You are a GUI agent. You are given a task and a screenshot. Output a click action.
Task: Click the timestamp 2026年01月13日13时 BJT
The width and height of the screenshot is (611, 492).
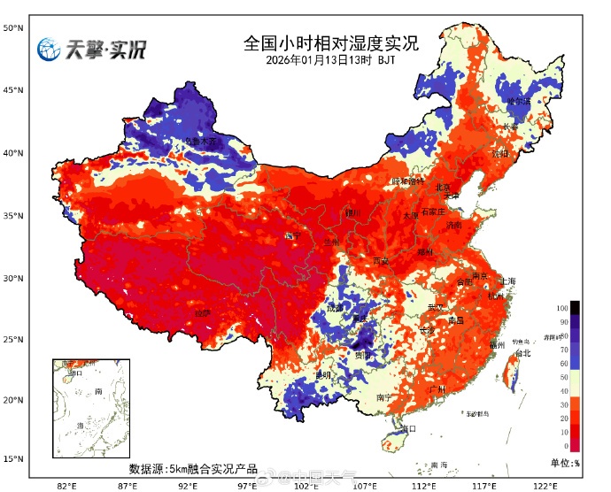(x=330, y=60)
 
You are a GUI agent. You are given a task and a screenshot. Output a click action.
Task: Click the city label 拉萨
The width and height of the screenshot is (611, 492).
(x=203, y=313)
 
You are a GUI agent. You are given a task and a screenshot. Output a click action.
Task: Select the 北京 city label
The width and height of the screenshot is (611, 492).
(x=444, y=188)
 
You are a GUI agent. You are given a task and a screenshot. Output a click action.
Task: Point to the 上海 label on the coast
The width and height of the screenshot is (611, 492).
(x=507, y=281)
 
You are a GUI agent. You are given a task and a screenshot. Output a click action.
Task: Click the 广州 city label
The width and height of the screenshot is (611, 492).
(x=435, y=389)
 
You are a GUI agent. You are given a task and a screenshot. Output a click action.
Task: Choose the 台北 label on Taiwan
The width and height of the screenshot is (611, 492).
(x=522, y=353)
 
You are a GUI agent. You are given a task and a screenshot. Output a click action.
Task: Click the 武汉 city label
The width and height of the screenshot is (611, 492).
(x=435, y=307)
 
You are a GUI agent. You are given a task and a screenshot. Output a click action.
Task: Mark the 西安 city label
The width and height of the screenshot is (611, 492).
(x=380, y=261)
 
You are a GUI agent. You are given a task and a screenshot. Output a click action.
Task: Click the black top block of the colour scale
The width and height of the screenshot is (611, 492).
(x=575, y=307)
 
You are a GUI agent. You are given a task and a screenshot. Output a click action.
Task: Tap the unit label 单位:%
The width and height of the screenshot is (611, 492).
(x=564, y=463)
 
